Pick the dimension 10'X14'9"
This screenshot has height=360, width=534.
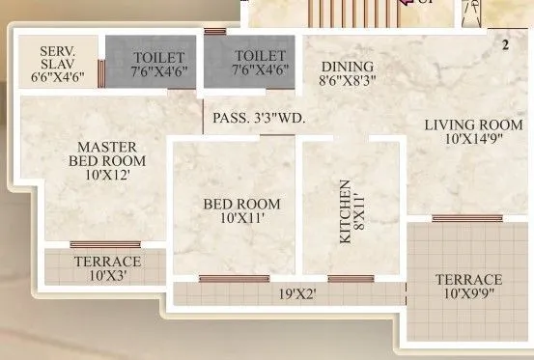tap(460, 139)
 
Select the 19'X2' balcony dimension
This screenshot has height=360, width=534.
tap(298, 293)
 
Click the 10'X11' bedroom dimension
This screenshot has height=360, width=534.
tap(241, 219)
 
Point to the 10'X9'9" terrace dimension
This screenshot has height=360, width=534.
tap(468, 295)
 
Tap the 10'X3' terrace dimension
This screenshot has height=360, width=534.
tap(106, 276)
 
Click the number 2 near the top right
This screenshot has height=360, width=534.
tap(505, 44)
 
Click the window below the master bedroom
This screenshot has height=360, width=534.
tap(98, 245)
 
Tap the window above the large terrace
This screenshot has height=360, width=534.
tap(466, 218)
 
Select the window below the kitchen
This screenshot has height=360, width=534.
tap(351, 279)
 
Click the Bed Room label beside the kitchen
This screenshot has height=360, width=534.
tap(241, 204)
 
